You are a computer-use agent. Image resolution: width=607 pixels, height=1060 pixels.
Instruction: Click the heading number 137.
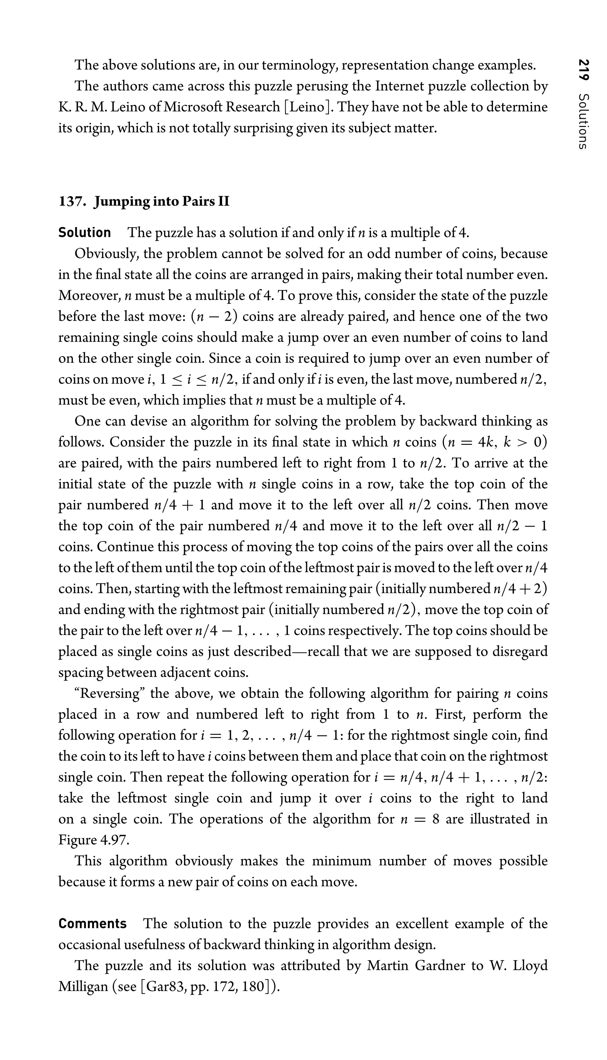72,202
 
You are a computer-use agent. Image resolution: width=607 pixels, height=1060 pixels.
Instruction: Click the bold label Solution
85,233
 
